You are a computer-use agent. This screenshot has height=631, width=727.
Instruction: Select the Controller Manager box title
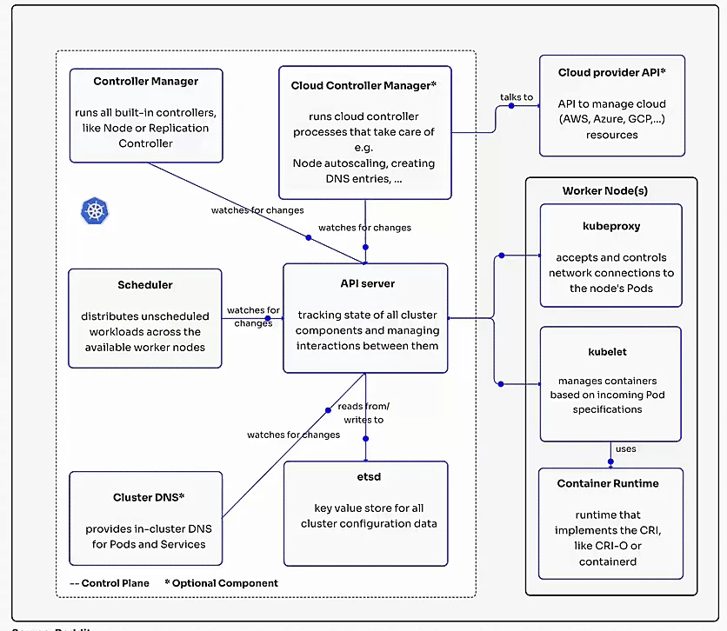(x=145, y=82)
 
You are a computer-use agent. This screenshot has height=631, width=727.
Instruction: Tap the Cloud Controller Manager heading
(x=363, y=85)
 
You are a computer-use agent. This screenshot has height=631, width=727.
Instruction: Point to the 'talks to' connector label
(x=517, y=96)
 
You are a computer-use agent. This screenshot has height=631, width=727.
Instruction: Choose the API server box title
(x=366, y=283)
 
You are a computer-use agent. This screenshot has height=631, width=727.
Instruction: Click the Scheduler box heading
(x=145, y=284)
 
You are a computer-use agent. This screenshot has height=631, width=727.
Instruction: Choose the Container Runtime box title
(x=608, y=483)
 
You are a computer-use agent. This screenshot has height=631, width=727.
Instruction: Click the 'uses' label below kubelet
(x=625, y=449)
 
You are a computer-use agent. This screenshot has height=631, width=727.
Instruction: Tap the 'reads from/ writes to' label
(x=363, y=413)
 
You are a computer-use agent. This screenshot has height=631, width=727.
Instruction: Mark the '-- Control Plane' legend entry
(x=110, y=583)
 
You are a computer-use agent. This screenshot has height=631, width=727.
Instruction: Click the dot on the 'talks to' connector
(x=510, y=106)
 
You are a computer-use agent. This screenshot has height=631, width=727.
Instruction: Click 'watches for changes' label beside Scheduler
(x=253, y=316)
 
